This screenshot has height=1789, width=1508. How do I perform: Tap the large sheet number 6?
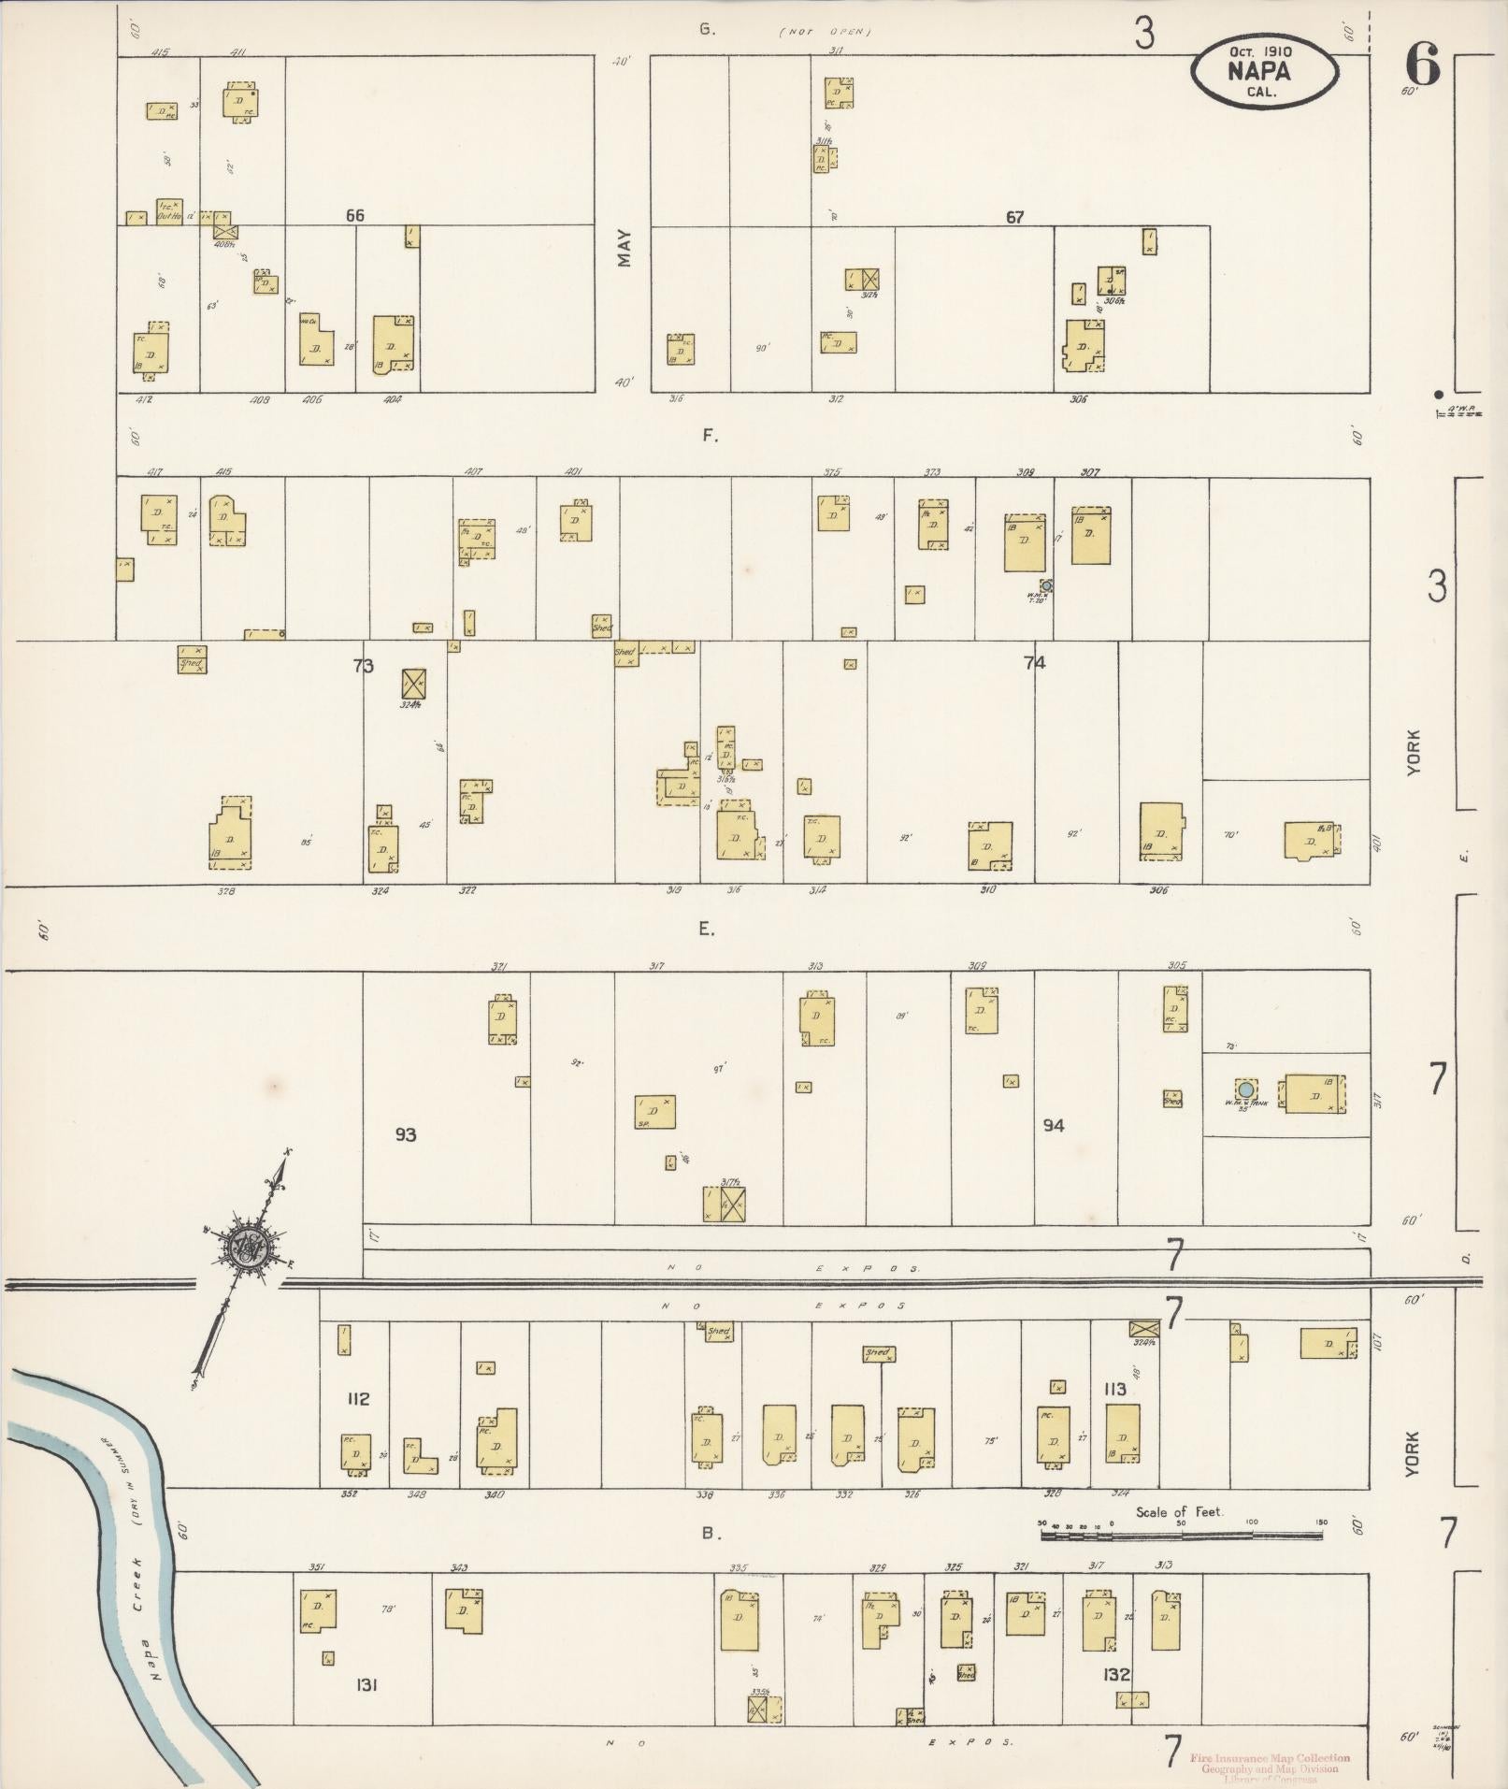click(1420, 66)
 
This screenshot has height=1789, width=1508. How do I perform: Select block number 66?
click(354, 216)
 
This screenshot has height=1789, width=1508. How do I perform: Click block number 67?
click(1014, 218)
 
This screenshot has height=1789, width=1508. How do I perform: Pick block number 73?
click(363, 666)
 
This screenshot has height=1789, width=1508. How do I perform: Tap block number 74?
click(1034, 663)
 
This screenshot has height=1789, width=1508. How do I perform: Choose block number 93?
click(405, 1135)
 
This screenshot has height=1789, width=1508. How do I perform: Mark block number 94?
click(1054, 1125)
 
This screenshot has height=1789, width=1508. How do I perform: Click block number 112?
click(357, 1399)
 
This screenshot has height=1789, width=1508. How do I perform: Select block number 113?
click(1114, 1390)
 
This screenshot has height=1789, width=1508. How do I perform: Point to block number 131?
click(366, 1685)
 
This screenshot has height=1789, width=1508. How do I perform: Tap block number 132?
click(1116, 1674)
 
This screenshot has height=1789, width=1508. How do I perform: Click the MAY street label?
click(624, 248)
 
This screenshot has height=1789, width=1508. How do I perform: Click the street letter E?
click(706, 930)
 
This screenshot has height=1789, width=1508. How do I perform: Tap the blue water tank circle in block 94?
click(1245, 1089)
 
